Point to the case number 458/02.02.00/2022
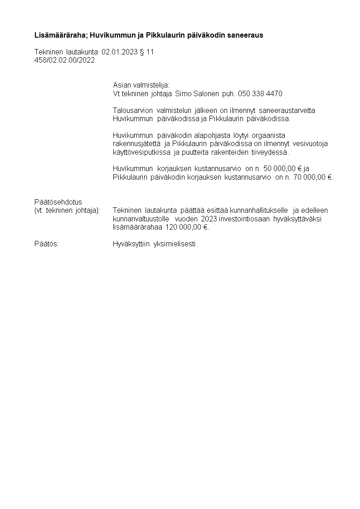pos(64,60)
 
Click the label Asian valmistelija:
pos(141,85)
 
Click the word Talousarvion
pos(133,110)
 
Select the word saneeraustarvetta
pos(287,110)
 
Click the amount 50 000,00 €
pos(283,169)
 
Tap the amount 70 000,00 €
pos(313,177)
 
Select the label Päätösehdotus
pos(58,202)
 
